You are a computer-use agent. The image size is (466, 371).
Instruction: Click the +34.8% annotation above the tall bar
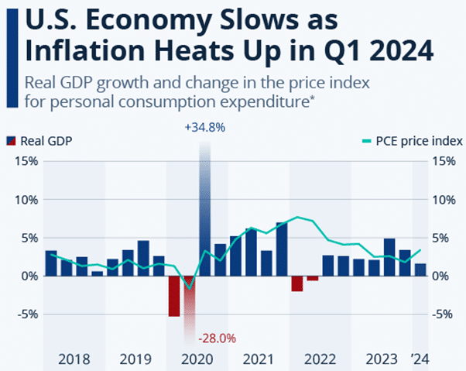204,128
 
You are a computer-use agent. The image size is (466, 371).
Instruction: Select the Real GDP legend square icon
12,142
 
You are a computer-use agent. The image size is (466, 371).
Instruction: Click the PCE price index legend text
423,142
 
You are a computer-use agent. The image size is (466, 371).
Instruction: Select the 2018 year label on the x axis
74,359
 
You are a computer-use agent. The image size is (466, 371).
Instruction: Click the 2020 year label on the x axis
197,359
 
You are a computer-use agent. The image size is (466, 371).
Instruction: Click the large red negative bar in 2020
174,295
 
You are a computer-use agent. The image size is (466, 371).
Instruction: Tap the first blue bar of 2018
51,263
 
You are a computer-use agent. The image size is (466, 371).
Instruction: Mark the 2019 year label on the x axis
135,359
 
